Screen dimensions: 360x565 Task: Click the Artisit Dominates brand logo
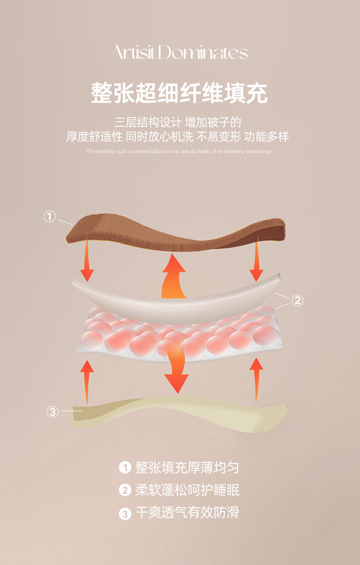(x=180, y=53)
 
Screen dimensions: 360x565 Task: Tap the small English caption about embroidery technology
(x=179, y=151)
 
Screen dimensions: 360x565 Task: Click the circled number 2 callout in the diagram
(x=297, y=300)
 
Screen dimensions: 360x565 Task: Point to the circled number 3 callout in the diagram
(x=53, y=412)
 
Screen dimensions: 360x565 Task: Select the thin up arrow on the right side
(x=257, y=378)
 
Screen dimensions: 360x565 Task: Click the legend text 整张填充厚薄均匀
(x=187, y=467)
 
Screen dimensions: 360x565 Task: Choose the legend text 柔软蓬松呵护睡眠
(x=187, y=490)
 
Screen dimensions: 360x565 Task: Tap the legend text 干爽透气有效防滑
(x=187, y=513)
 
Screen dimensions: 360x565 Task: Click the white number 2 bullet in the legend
(x=124, y=491)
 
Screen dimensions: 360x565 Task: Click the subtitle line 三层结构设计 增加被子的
(x=178, y=122)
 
